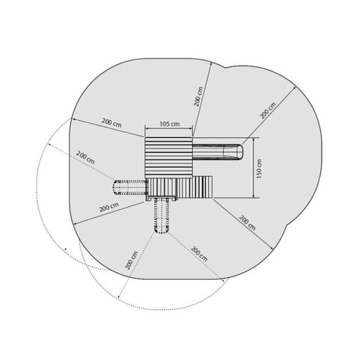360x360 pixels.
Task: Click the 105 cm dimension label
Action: coord(169,124)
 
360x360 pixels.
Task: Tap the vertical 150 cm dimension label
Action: coord(259,169)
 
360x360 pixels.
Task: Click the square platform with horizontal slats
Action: coord(169,157)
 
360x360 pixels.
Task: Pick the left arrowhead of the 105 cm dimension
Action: coord(147,128)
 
